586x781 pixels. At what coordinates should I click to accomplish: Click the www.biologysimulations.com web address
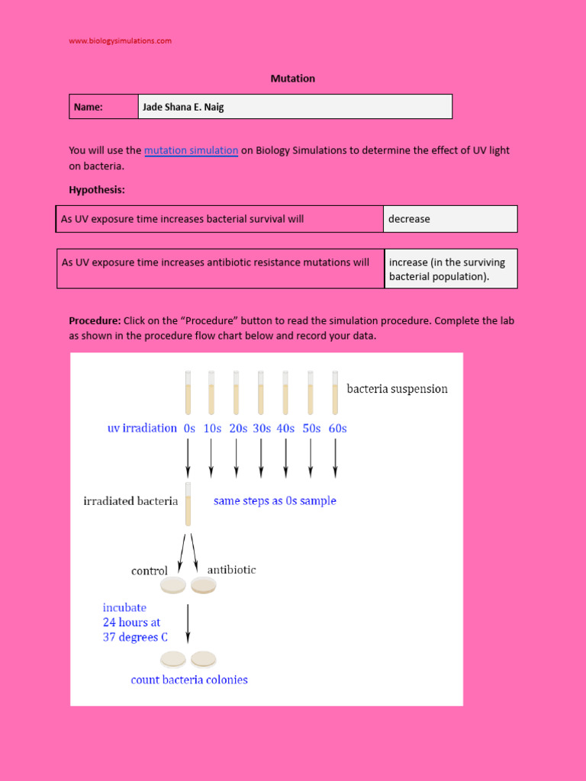pyautogui.click(x=120, y=40)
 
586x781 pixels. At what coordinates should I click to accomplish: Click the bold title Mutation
pyautogui.click(x=292, y=79)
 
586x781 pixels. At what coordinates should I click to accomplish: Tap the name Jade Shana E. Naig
pyautogui.click(x=183, y=108)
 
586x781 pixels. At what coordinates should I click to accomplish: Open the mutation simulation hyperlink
pyautogui.click(x=191, y=151)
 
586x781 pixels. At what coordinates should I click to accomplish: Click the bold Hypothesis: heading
pyautogui.click(x=97, y=189)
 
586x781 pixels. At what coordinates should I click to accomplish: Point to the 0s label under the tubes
pyautogui.click(x=189, y=429)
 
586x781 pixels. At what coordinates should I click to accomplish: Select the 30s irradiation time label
pyautogui.click(x=262, y=429)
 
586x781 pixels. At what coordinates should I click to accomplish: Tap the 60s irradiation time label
pyautogui.click(x=336, y=429)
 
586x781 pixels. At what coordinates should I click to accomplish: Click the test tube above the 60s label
pyautogui.click(x=334, y=392)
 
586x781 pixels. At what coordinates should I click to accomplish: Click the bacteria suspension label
pyautogui.click(x=397, y=389)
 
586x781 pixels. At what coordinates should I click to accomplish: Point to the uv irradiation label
pyautogui.click(x=142, y=429)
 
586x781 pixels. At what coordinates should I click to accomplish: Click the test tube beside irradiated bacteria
pyautogui.click(x=188, y=504)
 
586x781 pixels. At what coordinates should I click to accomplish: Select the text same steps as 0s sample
pyautogui.click(x=275, y=501)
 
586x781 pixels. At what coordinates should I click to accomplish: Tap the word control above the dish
pyautogui.click(x=150, y=570)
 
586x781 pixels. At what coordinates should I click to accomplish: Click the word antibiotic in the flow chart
pyautogui.click(x=231, y=570)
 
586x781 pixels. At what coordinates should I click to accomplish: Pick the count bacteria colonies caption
pyautogui.click(x=189, y=680)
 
